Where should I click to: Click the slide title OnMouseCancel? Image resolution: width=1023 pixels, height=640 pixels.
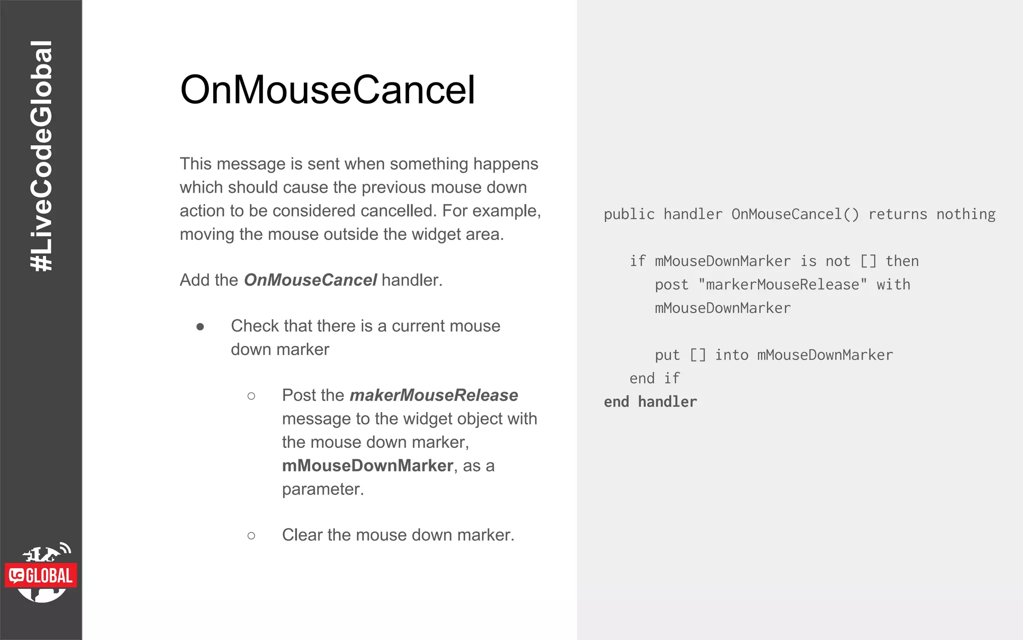(327, 90)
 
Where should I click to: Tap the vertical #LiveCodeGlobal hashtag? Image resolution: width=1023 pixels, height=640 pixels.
(41, 156)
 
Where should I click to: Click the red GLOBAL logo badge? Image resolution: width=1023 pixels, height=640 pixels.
(41, 575)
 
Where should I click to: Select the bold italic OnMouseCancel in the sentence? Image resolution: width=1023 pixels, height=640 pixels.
(310, 280)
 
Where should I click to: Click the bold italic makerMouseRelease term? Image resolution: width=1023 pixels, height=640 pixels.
(434, 395)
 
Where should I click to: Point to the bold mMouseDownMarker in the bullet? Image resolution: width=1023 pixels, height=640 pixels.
(367, 465)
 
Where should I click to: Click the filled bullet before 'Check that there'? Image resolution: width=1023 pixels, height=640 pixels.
(200, 327)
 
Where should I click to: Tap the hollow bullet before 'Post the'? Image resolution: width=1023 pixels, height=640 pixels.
(251, 396)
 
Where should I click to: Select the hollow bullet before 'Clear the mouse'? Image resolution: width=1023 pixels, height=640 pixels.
(251, 535)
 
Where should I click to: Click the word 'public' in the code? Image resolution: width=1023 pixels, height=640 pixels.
(629, 214)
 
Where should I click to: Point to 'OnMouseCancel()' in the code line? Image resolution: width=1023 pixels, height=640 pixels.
(795, 214)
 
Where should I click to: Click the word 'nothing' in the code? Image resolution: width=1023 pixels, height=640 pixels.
(966, 214)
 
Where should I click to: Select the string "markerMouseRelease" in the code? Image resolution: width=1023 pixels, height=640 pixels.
(782, 285)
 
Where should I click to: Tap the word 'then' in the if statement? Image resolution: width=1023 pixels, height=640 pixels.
(902, 261)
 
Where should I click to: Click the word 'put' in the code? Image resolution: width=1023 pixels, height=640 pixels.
(667, 355)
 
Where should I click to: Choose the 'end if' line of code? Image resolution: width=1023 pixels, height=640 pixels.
(654, 378)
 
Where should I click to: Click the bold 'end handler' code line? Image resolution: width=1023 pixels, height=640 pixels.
(650, 402)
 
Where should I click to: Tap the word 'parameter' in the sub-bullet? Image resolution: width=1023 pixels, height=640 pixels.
(321, 489)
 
